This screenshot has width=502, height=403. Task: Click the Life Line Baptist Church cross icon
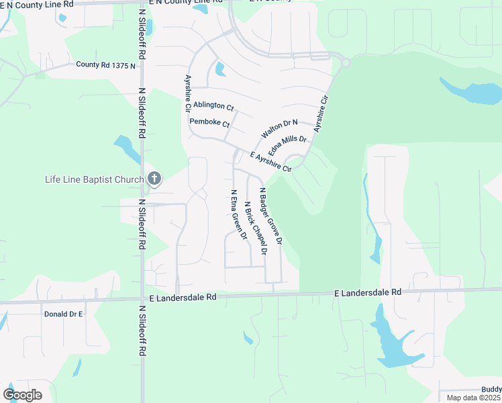pos(154,179)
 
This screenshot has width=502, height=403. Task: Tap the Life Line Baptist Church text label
pos(94,179)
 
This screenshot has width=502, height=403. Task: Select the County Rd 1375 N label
pos(105,65)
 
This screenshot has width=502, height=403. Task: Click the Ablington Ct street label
pos(213,106)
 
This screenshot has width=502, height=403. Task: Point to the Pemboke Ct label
pos(209,124)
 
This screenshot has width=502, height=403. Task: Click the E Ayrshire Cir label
pos(270,162)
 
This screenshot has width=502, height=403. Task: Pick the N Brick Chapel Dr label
pos(256,228)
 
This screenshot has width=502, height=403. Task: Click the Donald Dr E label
pos(63,314)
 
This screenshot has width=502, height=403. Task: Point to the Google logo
pos(22,394)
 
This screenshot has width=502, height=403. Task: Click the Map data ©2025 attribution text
pos(472,398)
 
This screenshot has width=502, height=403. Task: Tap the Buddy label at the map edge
pos(491,389)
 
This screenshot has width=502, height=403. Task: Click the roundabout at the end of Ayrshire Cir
pos(345,63)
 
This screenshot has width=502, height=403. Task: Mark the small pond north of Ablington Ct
pos(220,69)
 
